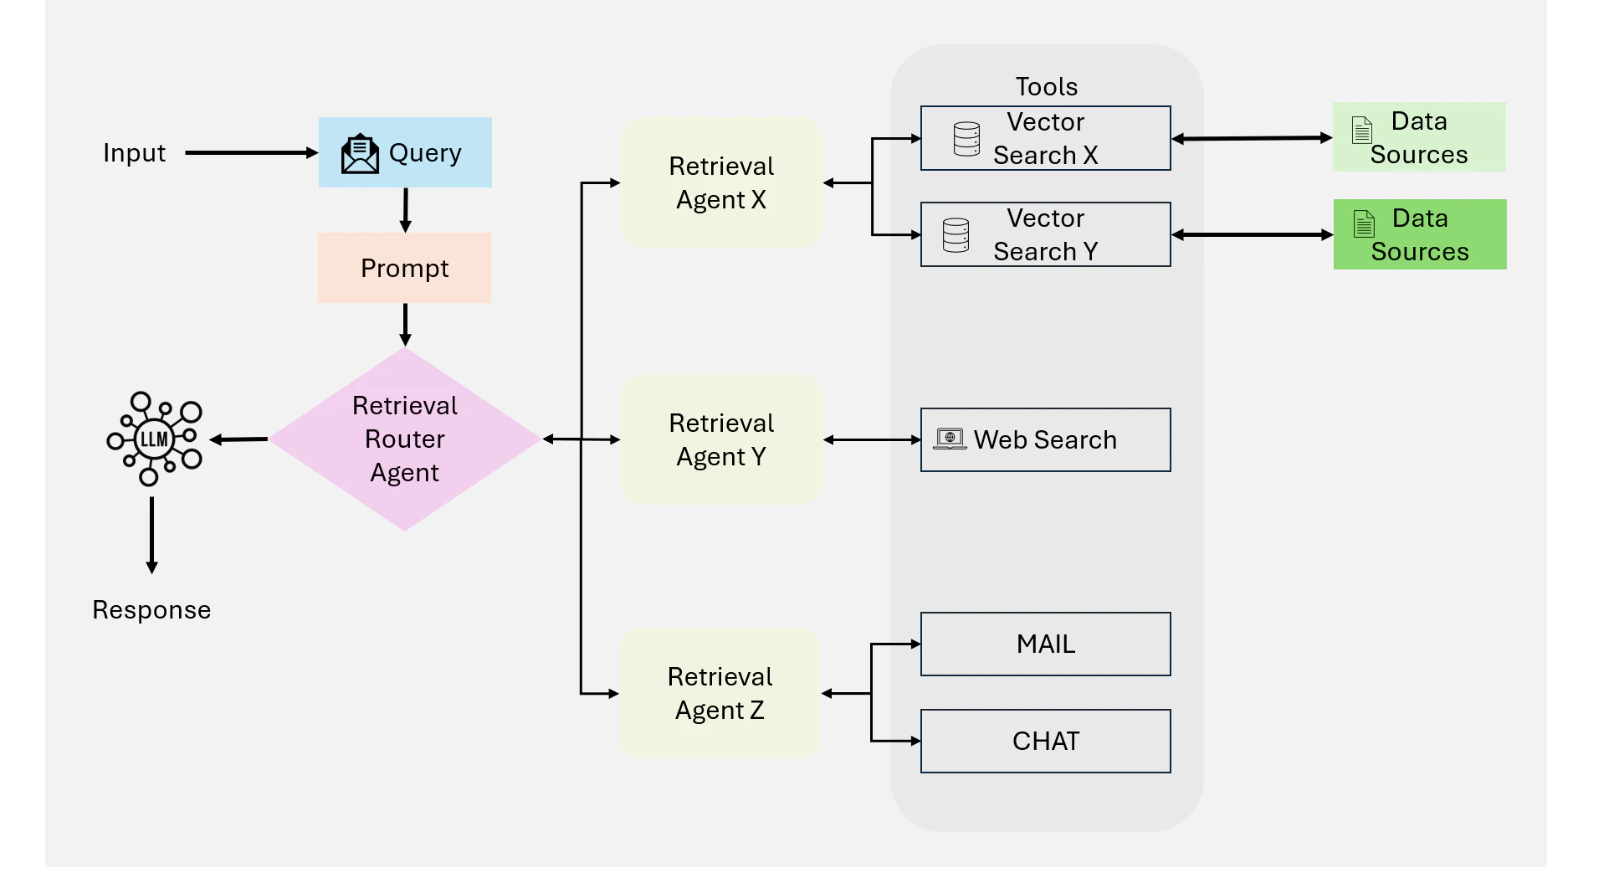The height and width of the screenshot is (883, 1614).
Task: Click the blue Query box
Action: [405, 152]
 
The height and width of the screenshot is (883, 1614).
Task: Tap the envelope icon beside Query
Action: [360, 153]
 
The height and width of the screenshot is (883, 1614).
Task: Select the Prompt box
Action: [404, 268]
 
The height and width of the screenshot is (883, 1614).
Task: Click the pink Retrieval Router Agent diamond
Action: [405, 439]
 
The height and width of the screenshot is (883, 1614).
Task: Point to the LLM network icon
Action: [155, 439]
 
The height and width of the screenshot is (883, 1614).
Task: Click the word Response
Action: [151, 610]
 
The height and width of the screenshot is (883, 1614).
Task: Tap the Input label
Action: [134, 153]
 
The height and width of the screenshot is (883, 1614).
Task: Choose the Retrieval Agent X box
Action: [721, 182]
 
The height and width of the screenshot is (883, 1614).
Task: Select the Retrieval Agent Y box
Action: [721, 439]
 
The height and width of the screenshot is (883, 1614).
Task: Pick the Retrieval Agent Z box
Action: [720, 693]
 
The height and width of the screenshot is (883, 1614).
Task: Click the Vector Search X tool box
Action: [1046, 138]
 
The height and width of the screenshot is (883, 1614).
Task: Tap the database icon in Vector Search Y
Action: [956, 235]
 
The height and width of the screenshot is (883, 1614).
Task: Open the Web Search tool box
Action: [1046, 439]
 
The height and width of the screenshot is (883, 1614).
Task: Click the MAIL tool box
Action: [1046, 644]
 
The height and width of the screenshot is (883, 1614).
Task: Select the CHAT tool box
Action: [1046, 741]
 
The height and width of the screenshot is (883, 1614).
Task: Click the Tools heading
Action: [1046, 86]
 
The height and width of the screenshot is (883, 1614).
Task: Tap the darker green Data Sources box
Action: [1420, 234]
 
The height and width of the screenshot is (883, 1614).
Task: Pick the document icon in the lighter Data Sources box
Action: [1362, 130]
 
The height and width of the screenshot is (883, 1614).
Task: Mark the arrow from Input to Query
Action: [251, 153]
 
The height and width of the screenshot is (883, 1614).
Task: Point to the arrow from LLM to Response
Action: [151, 535]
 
